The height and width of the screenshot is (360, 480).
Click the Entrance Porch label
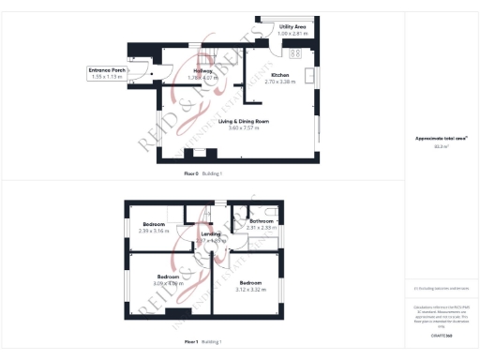point(108,70)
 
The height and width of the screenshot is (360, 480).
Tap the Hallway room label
point(202,71)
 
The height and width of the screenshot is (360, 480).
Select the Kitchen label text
point(280,75)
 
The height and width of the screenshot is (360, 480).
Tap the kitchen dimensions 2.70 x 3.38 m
point(280,82)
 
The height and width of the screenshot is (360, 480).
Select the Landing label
point(212,233)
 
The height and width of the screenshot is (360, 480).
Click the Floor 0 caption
point(195,174)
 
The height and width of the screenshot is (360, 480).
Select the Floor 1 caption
point(195,341)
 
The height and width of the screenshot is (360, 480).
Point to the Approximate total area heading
point(441,139)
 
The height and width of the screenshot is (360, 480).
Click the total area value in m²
point(441,146)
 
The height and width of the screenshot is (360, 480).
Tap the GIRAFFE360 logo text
point(441,335)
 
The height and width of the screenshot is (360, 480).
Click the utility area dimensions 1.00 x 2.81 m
point(292,35)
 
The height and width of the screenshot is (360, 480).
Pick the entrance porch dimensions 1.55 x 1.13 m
point(108,77)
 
